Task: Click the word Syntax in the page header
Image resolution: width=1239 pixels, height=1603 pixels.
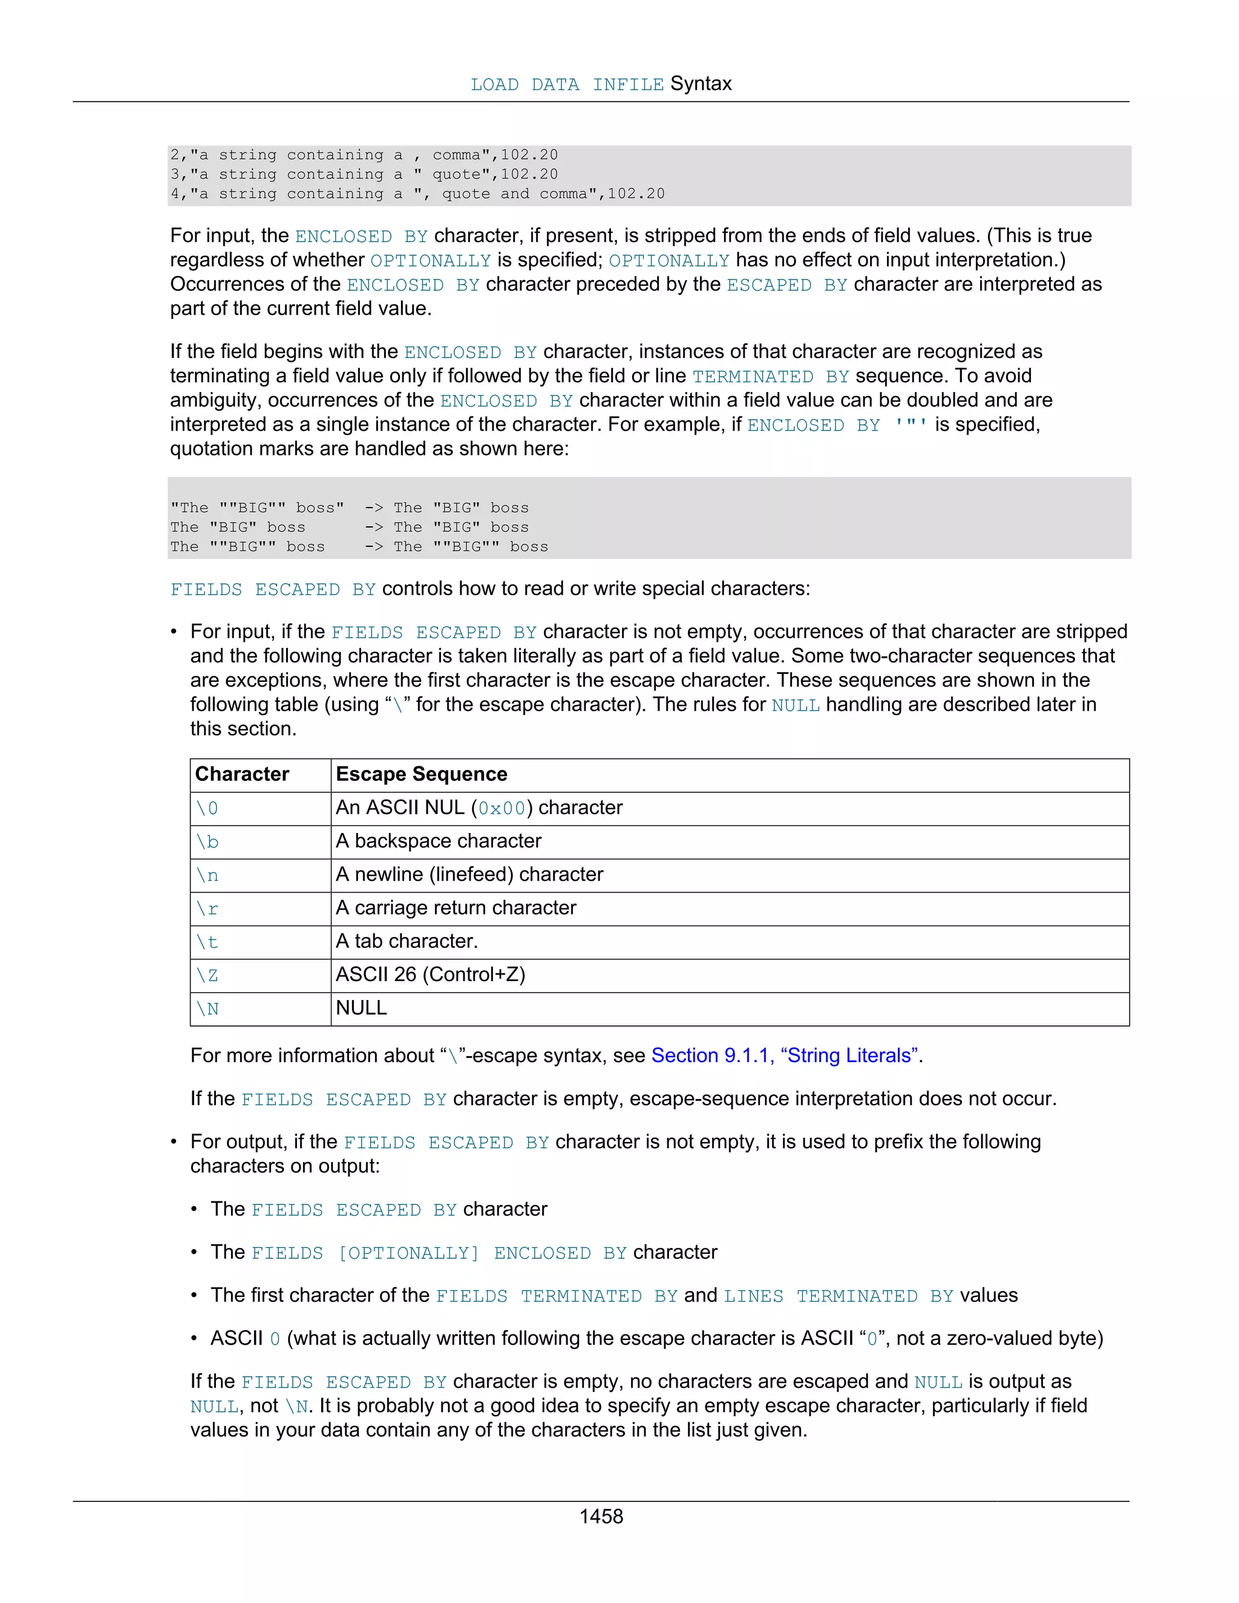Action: [701, 83]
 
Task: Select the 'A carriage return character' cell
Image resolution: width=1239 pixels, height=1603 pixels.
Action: [456, 908]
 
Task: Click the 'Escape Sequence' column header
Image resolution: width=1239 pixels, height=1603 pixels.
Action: [421, 774]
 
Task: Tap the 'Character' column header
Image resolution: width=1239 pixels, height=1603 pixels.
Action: [242, 774]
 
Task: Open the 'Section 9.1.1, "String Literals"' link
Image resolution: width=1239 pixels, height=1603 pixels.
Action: [786, 1056]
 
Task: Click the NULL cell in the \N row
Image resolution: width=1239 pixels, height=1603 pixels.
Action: [361, 1008]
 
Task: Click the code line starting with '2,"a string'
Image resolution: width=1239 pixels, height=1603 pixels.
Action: [364, 155]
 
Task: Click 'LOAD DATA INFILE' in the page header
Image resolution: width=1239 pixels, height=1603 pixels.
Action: [567, 85]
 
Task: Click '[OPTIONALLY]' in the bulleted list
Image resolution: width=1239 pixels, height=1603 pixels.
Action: [408, 1253]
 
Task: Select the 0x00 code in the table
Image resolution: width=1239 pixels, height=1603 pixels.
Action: [502, 808]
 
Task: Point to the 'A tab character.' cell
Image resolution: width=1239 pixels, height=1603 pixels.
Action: [407, 941]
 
